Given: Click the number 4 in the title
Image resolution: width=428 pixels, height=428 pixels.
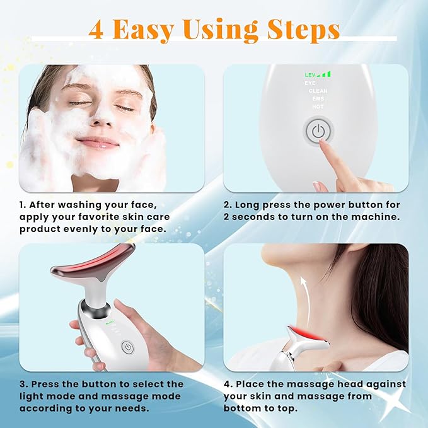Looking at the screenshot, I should (x=96, y=30).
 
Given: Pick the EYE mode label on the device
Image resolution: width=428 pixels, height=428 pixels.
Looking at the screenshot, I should (x=310, y=83).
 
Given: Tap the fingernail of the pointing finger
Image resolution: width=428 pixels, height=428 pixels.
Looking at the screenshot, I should (x=323, y=144).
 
